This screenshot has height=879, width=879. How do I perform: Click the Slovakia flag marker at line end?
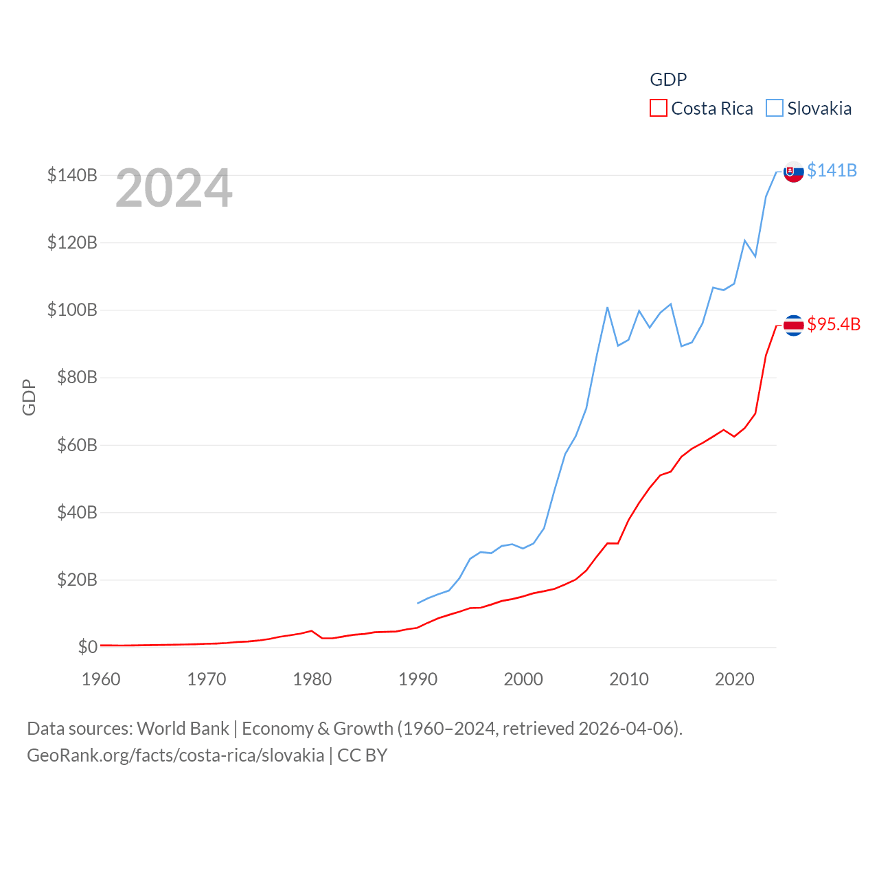click(x=793, y=172)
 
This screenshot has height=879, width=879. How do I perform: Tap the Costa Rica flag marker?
click(x=793, y=326)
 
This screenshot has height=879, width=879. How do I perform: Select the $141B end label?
click(x=832, y=170)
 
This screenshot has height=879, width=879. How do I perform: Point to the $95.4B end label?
click(x=834, y=324)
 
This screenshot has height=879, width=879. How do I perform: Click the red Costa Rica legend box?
click(x=658, y=109)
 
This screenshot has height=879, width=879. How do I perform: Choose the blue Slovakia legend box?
click(x=774, y=109)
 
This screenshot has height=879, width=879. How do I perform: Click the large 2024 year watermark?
click(x=174, y=188)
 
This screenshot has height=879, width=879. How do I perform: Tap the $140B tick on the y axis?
click(x=72, y=175)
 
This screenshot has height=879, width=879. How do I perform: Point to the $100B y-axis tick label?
click(x=72, y=310)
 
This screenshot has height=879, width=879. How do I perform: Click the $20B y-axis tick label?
click(x=77, y=580)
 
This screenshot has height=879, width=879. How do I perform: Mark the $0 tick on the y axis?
click(x=87, y=647)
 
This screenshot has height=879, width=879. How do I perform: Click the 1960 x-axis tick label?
click(x=101, y=679)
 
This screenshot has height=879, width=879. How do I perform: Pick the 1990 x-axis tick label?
click(x=418, y=679)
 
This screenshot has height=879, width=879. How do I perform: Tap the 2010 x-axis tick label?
click(x=629, y=679)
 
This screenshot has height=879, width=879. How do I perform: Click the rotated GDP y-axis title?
click(x=29, y=397)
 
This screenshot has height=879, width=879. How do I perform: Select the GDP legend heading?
click(x=668, y=80)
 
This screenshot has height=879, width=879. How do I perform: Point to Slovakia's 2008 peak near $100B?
click(x=608, y=308)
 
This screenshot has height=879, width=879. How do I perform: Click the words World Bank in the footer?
click(x=183, y=728)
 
